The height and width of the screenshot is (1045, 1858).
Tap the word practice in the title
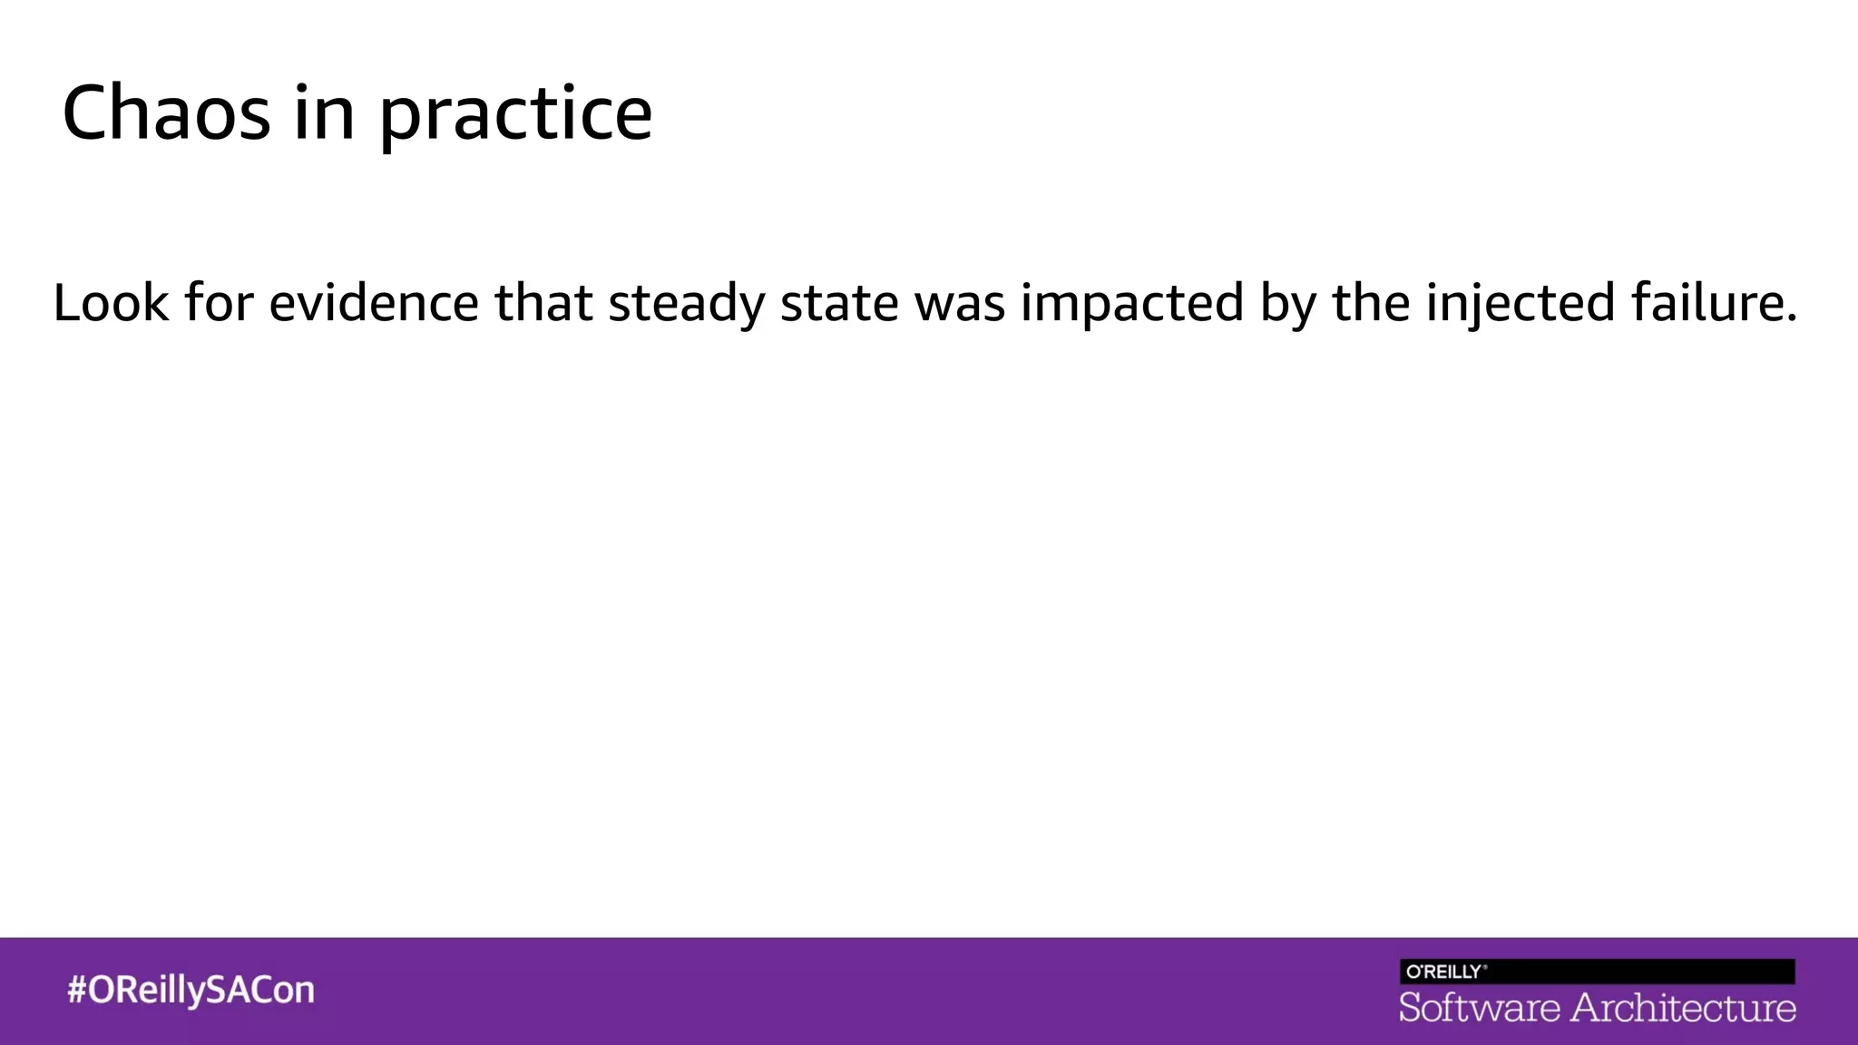[x=514, y=115]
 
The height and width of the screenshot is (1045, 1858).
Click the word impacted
[x=1132, y=304]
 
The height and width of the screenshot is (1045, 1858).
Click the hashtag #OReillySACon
[x=191, y=990]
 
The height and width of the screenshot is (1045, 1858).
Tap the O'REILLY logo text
[x=1445, y=972]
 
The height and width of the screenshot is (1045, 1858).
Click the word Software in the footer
[x=1479, y=1008]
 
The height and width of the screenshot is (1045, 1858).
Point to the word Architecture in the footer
[x=1683, y=1008]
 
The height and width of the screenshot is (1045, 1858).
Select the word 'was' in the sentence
[x=960, y=304]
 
